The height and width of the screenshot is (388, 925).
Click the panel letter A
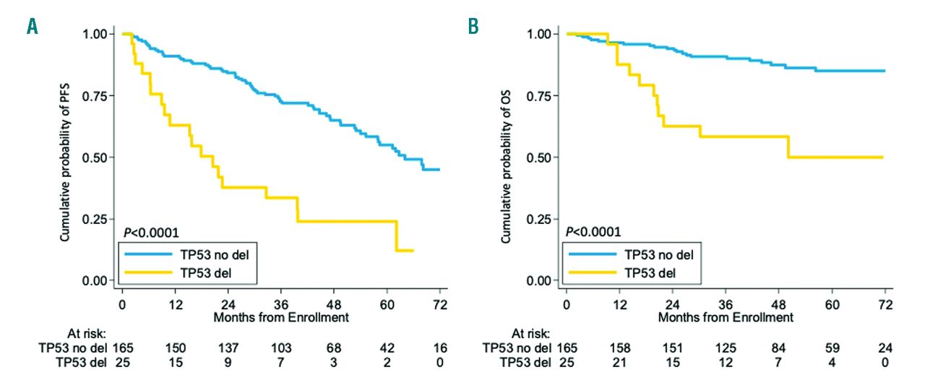click(x=32, y=27)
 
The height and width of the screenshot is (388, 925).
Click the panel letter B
click(x=473, y=27)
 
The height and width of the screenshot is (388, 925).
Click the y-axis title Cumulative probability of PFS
click(x=64, y=157)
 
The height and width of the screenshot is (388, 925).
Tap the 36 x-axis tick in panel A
click(x=282, y=304)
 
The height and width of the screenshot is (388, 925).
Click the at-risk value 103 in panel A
click(x=282, y=348)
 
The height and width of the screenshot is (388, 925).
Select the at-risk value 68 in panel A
click(x=335, y=348)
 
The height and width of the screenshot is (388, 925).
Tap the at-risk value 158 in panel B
click(x=619, y=348)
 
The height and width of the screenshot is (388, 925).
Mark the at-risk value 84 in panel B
click(x=778, y=348)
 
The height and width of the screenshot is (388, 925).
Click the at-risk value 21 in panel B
click(x=619, y=361)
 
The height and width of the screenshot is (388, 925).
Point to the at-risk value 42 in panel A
click(x=388, y=348)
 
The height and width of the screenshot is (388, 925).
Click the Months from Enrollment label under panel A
click(x=282, y=317)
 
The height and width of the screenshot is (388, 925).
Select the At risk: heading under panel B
click(x=530, y=334)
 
